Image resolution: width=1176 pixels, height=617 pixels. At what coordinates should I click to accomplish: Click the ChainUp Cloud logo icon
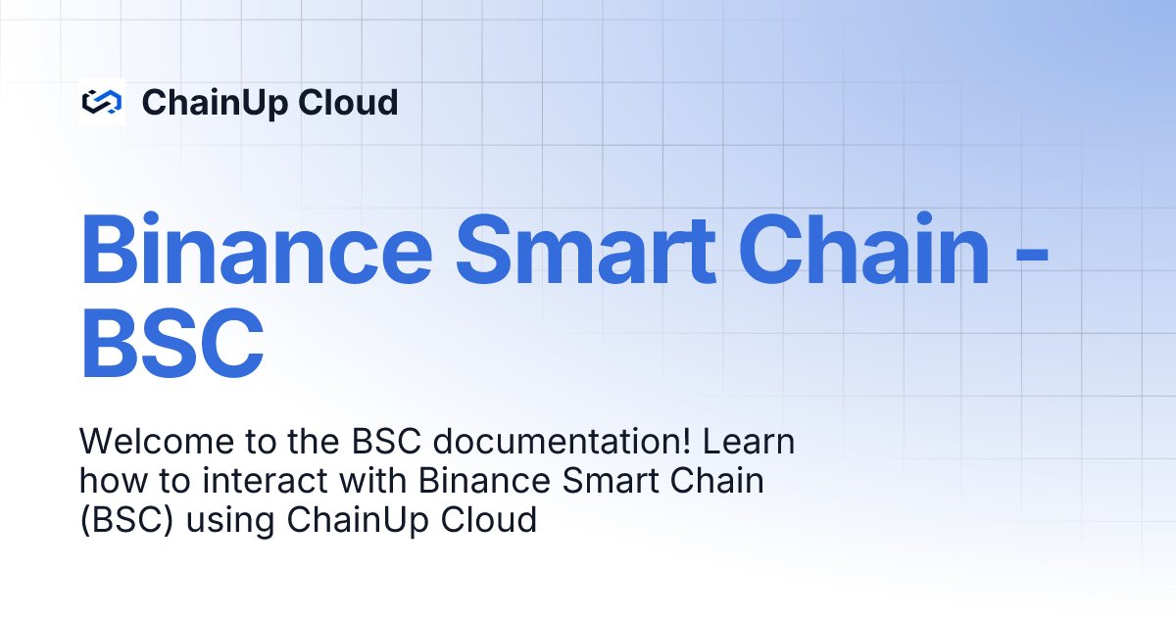pyautogui.click(x=101, y=102)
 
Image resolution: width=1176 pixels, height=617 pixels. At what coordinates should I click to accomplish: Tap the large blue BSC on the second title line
pyautogui.click(x=172, y=344)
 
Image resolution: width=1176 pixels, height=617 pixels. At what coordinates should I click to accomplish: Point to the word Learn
pyautogui.click(x=748, y=443)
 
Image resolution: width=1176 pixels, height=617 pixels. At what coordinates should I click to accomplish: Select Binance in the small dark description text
pyautogui.click(x=479, y=481)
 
